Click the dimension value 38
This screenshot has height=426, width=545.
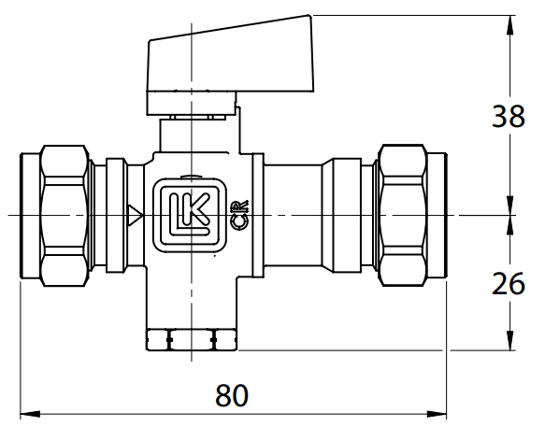click(509, 118)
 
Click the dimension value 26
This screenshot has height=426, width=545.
click(509, 283)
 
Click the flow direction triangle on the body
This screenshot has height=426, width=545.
click(135, 216)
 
